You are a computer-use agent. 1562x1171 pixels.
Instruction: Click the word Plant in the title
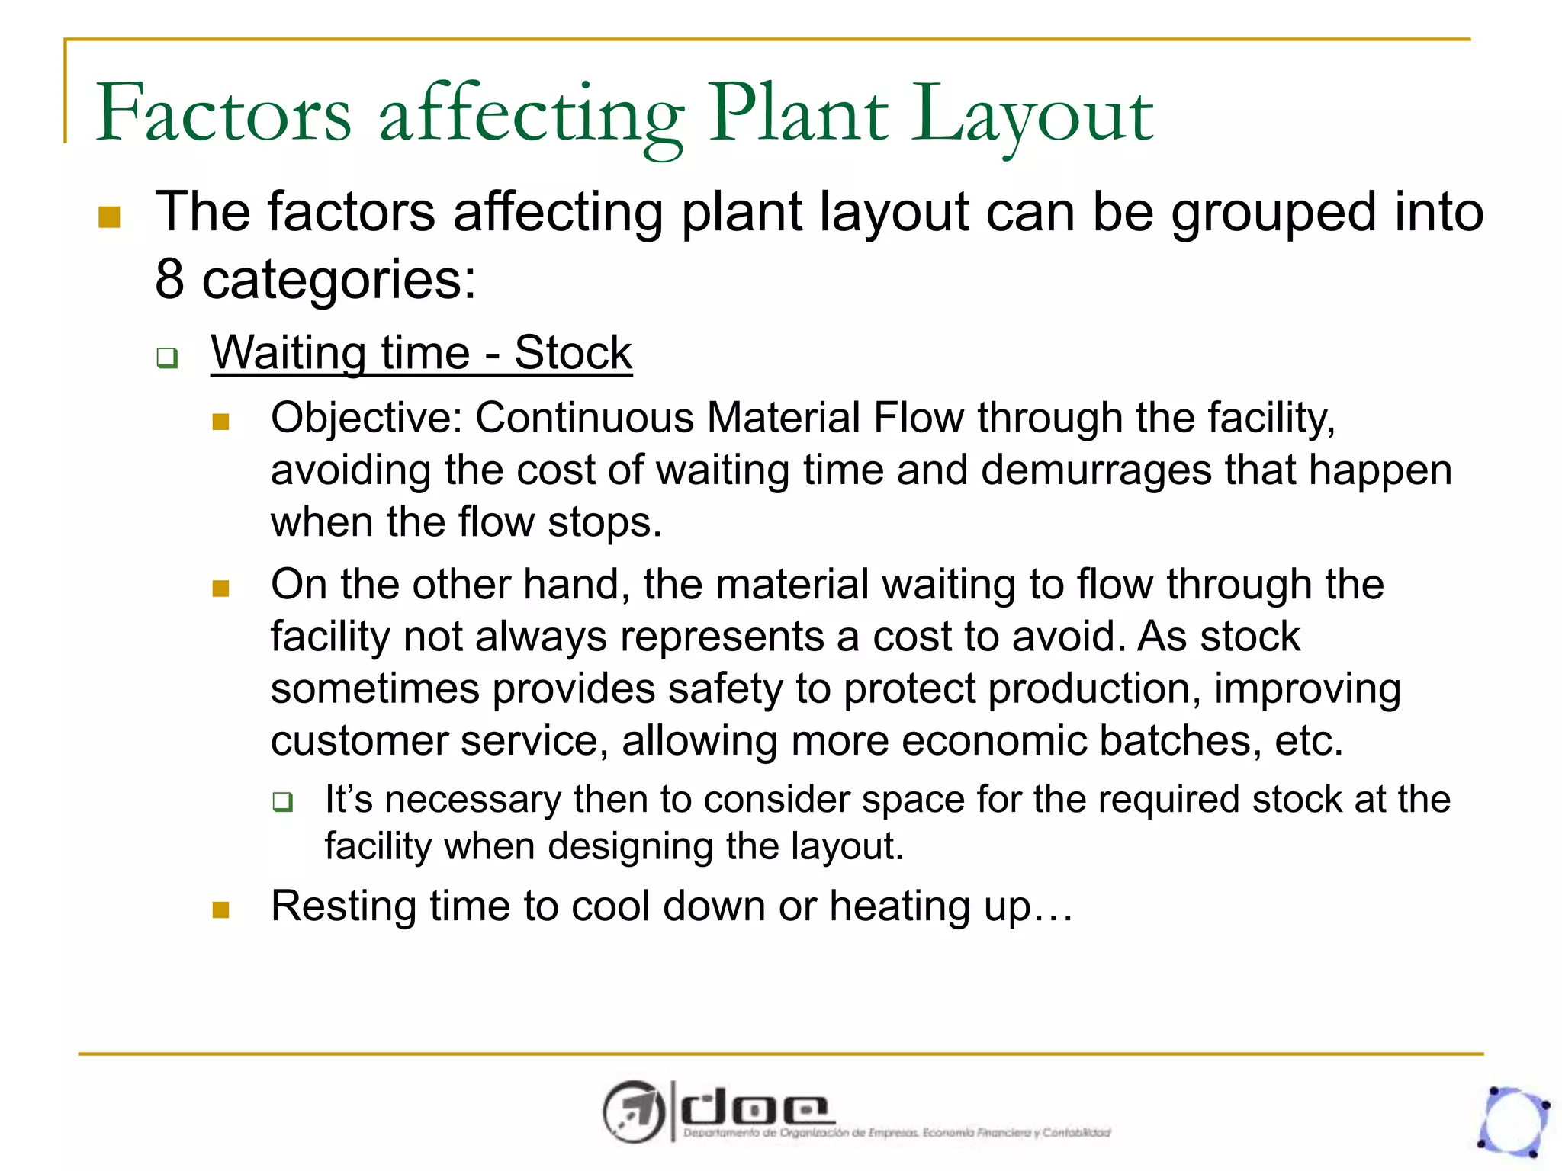pos(799,114)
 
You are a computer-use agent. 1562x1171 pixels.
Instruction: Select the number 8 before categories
pos(169,279)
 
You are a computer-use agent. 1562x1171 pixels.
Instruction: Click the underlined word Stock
pos(573,353)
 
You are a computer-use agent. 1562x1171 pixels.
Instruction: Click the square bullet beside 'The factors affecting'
pos(110,217)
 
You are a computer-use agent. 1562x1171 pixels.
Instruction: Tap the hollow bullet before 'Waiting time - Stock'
pos(167,358)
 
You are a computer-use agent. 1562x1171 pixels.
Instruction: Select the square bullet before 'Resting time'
pos(221,910)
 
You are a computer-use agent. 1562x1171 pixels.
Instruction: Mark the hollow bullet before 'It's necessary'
pos(283,802)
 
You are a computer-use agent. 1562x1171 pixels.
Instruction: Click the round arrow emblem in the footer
pos(633,1112)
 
